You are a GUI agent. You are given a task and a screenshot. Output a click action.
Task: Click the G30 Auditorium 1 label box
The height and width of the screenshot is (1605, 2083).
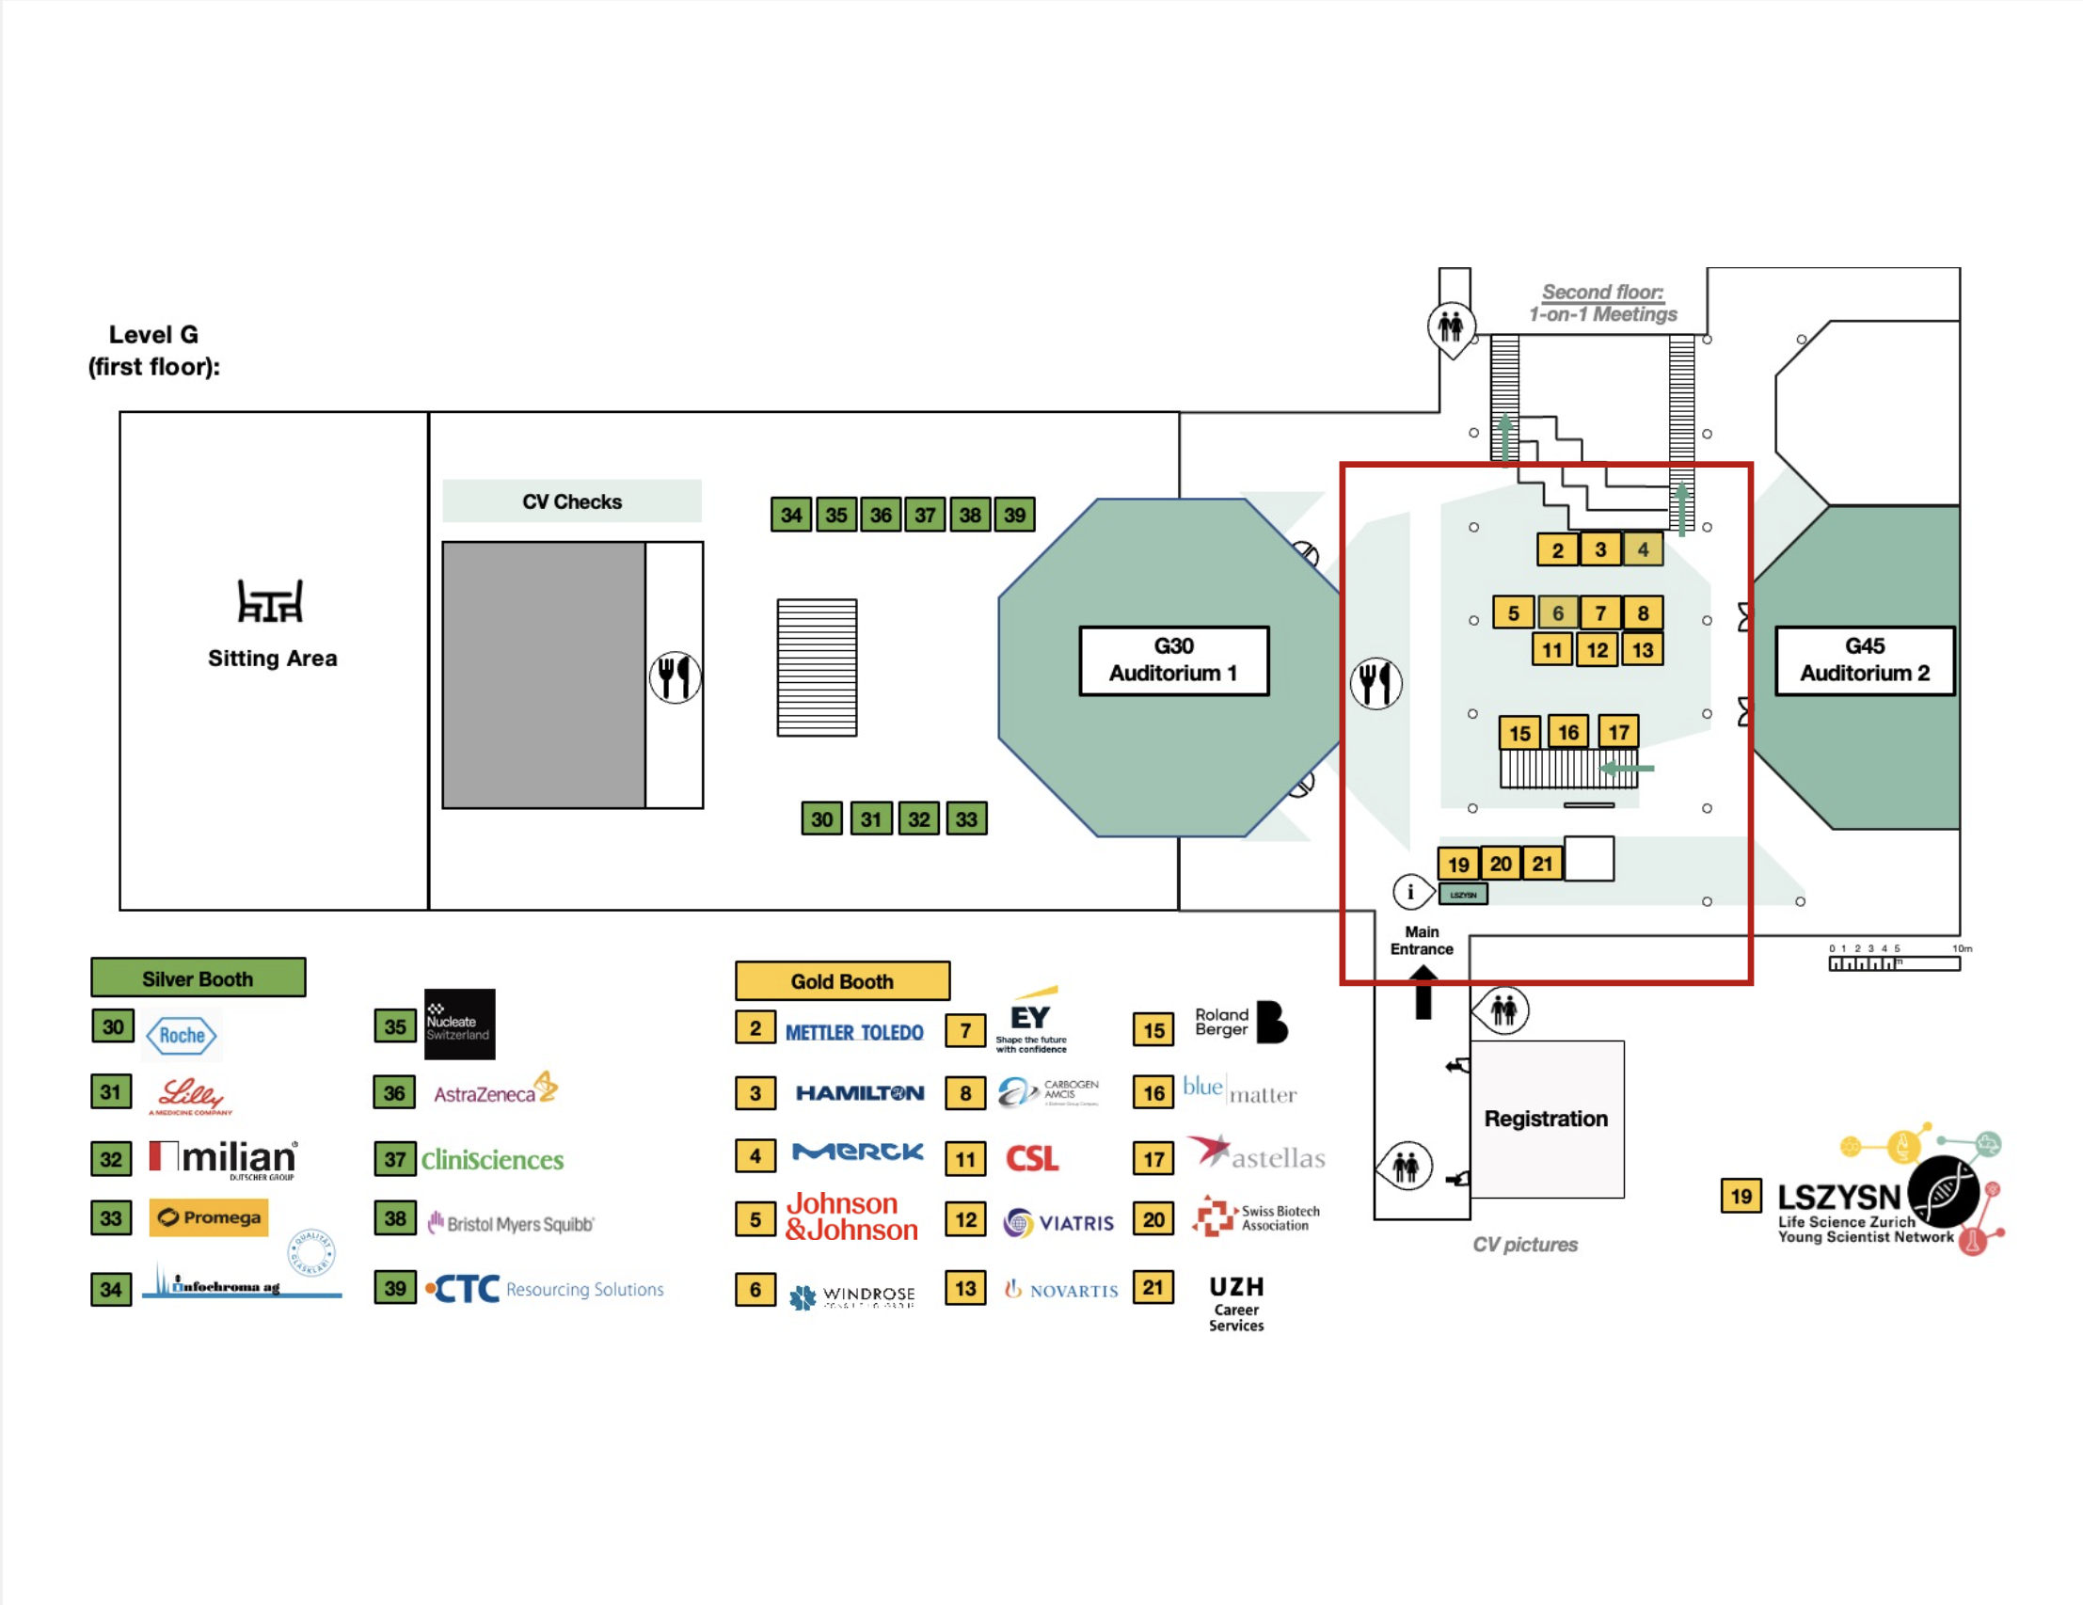pos(1173,659)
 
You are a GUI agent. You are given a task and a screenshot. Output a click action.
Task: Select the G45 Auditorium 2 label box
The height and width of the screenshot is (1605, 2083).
pos(1864,659)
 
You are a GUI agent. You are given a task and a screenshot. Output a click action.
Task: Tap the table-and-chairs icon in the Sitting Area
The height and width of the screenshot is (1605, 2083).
pos(270,601)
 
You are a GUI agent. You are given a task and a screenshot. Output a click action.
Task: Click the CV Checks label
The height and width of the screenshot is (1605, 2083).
pos(571,501)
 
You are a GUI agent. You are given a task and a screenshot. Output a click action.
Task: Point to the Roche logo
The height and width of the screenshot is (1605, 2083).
pos(183,1036)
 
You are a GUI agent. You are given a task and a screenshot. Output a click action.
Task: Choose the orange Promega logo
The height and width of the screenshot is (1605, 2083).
pos(209,1216)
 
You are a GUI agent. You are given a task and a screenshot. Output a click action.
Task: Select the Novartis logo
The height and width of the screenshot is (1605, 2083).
pos(1061,1290)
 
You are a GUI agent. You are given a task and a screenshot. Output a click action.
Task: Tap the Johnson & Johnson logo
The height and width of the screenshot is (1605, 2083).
pos(851,1216)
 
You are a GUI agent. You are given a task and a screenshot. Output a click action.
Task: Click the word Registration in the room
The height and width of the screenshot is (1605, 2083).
pos(1545,1119)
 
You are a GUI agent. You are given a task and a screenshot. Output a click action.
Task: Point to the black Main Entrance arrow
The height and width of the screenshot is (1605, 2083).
pos(1423,992)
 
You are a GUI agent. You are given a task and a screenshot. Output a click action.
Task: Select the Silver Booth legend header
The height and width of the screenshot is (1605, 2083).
pos(199,978)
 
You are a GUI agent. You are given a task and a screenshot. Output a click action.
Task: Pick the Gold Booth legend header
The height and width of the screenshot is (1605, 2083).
pos(842,981)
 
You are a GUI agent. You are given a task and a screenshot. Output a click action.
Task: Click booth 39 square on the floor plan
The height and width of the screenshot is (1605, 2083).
pos(1014,515)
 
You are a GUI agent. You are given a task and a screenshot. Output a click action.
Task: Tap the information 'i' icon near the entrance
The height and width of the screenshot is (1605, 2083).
pos(1410,892)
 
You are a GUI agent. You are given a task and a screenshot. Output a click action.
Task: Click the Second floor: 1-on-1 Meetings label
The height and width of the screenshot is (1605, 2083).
pos(1602,303)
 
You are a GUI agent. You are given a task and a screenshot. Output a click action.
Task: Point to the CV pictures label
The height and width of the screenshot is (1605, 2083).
pos(1524,1245)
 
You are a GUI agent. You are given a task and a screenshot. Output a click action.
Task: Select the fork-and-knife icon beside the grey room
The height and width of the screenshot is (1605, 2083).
pos(676,677)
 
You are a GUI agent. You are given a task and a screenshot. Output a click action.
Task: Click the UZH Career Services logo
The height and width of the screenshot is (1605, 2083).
pos(1236,1303)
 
